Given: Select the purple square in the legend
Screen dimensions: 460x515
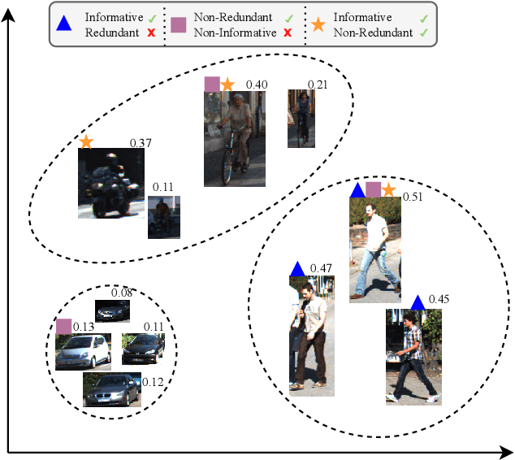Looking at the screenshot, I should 180,24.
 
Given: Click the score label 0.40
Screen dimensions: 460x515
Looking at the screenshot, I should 257,85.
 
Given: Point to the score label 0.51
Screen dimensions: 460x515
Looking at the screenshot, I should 413,196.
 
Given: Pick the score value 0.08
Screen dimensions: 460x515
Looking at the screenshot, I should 122,293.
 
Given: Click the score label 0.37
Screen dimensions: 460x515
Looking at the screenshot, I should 141,143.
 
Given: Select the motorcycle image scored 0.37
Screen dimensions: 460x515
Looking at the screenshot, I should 111,183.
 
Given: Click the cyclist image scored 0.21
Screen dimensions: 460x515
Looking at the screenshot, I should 301,119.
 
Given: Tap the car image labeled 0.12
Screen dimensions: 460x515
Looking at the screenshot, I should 111,390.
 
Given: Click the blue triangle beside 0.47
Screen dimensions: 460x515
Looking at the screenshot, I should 297,268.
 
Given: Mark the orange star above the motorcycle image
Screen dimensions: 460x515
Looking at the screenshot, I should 86,142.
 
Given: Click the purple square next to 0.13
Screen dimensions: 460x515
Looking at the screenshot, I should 63,326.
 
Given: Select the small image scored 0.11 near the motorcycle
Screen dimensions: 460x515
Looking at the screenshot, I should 163,216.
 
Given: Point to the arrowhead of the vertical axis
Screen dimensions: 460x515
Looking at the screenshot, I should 9,10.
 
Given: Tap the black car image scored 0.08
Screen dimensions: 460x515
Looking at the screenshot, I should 112,310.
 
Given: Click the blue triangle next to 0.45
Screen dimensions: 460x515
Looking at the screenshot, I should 418,302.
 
